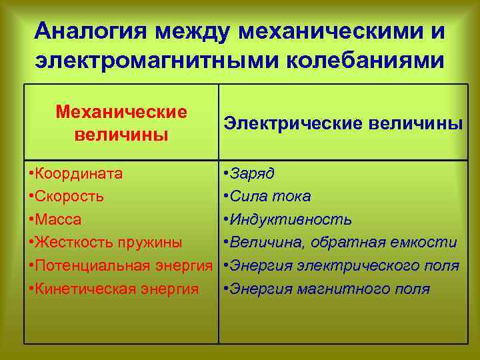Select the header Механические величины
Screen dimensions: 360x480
[121, 122]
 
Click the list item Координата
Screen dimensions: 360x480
[79, 174]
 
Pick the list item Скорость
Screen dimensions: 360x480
[70, 197]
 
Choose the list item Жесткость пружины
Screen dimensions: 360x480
[106, 243]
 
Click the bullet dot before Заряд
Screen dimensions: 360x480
[228, 174]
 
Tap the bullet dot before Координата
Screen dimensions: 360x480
[32, 174]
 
